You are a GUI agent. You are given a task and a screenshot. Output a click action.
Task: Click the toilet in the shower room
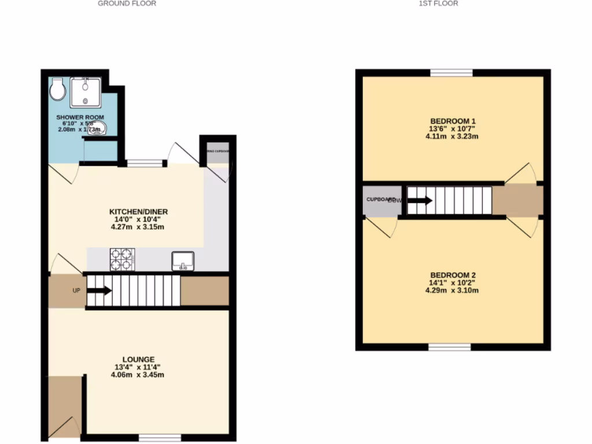(x=57, y=89)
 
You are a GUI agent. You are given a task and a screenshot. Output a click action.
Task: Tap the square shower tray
(x=85, y=92)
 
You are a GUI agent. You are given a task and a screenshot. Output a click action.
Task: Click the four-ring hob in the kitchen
(x=122, y=260)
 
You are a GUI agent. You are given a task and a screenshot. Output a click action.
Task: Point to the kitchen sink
(x=183, y=261)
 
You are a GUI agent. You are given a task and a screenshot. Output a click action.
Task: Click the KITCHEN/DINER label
(x=139, y=212)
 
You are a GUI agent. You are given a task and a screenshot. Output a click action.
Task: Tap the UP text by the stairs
(x=76, y=291)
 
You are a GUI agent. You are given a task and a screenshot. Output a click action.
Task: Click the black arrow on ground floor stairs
(x=99, y=291)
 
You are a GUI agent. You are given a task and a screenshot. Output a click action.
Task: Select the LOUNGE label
(x=138, y=359)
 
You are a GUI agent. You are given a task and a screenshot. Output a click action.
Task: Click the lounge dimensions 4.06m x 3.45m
(x=138, y=375)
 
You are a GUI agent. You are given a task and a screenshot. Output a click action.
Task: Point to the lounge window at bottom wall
(x=160, y=439)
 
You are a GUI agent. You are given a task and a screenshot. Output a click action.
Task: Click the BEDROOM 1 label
(x=453, y=121)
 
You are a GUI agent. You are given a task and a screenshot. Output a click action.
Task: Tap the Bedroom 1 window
(x=452, y=73)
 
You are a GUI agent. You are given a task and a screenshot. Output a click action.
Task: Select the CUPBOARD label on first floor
(x=381, y=199)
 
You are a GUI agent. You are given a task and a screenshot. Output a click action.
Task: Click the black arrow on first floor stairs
(x=420, y=201)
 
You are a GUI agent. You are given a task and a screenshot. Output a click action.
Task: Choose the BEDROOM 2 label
(x=453, y=275)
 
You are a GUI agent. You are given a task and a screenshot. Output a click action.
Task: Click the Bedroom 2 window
(x=450, y=347)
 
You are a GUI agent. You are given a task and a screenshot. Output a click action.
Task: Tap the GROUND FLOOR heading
(x=127, y=3)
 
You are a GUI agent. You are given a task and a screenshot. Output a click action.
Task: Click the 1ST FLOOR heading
(x=438, y=3)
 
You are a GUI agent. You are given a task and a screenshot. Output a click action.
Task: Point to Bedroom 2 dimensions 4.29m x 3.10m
(x=453, y=291)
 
